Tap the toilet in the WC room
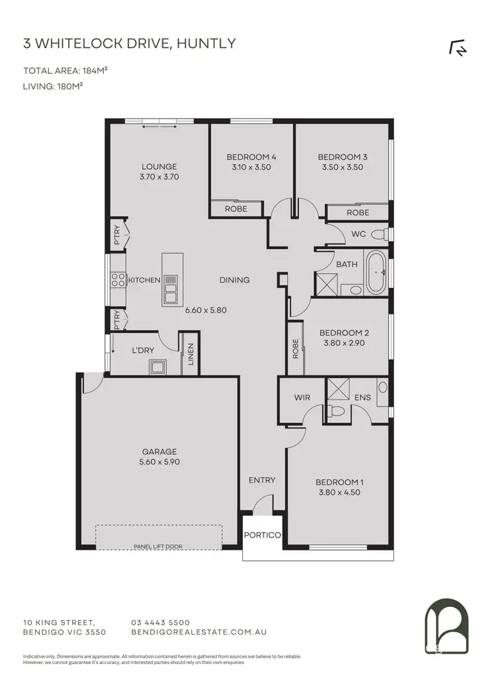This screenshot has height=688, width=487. point(385,233)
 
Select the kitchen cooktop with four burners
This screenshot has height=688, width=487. point(118,280)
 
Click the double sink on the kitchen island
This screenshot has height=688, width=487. point(171,289)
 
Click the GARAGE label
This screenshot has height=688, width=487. point(160,452)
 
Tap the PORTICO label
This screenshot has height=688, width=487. point(262,535)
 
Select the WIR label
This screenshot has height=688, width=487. point(302,397)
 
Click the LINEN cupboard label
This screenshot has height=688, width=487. point(191,354)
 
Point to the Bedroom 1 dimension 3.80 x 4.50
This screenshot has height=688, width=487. point(338,492)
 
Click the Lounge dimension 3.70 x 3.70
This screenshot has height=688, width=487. point(159,176)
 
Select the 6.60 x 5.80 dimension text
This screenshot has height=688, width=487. point(205,310)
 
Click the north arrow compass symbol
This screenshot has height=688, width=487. point(458,49)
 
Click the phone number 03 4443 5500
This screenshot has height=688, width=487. point(160,622)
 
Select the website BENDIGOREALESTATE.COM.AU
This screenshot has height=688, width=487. point(199,632)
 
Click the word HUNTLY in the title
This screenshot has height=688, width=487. point(208,44)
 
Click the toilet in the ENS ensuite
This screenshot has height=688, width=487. point(336,410)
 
